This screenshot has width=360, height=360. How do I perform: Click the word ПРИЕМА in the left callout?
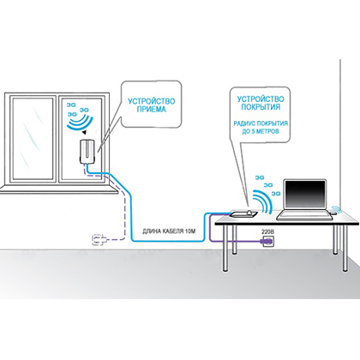click(151, 110)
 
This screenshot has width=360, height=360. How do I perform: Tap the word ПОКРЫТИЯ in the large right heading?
click(261, 107)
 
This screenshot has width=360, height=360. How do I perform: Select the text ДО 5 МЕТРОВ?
click(261, 131)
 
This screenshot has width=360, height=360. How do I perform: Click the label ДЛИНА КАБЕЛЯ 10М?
click(169, 231)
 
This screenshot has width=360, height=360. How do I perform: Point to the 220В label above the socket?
click(267, 231)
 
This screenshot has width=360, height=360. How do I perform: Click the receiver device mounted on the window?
click(88, 152)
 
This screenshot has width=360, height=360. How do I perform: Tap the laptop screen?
click(305, 195)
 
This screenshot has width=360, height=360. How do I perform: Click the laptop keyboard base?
click(305, 215)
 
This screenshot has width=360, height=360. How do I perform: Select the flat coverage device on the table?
click(244, 213)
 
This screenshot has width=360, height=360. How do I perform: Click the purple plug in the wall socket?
click(266, 242)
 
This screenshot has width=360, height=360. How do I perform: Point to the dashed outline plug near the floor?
click(99, 240)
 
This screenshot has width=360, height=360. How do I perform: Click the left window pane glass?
click(33, 139)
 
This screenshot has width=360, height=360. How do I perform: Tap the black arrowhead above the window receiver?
click(84, 132)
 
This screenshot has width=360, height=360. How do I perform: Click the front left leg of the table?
click(225, 248)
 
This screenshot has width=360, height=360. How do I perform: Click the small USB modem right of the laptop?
click(333, 213)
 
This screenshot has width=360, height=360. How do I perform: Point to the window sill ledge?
click(58, 189)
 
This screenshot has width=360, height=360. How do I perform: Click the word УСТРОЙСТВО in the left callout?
click(151, 101)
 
